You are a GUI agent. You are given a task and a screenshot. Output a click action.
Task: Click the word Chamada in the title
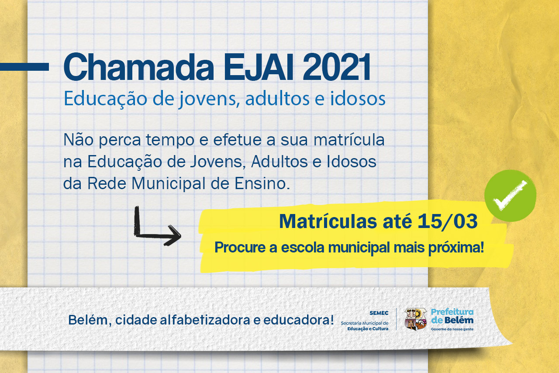pos(139,67)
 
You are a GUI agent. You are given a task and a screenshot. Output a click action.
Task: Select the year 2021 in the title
pos(337,67)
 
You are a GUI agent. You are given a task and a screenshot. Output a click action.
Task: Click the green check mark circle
pos(511,196)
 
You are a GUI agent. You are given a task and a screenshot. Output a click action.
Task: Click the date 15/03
pos(448,221)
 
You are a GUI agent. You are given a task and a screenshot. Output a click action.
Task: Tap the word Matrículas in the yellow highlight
pos(328,221)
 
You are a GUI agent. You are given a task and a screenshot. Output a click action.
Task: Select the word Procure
pos(240,247)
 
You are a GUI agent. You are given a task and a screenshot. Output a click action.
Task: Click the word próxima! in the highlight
pos(456,247)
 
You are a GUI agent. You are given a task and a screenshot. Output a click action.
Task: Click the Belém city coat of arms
pos(415,319)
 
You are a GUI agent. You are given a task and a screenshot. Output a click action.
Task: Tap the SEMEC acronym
pos(379,313)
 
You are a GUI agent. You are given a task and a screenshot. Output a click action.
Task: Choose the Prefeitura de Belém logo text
pos(452,316)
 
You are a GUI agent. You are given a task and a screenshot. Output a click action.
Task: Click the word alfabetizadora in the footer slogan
pos(205,320)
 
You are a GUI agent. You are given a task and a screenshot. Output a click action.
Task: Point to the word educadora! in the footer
pos(298,320)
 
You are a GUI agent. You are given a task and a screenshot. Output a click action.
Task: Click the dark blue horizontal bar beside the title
pos(24,67)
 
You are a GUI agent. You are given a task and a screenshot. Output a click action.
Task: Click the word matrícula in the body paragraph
pos(349,140)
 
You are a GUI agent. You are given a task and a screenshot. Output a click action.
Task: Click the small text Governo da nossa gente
pos(452,329)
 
